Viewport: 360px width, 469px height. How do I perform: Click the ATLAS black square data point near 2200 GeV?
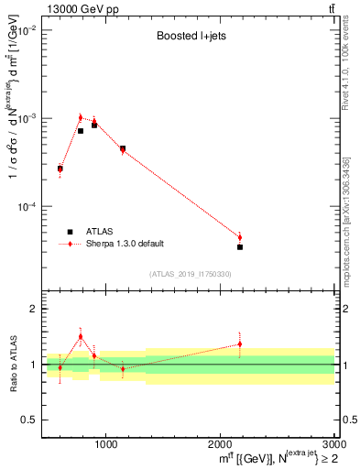tap(240, 246)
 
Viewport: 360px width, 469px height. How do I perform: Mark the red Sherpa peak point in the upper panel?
tap(81, 117)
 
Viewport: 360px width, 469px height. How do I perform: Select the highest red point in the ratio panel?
tap(81, 336)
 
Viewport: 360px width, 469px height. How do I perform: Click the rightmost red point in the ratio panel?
tap(240, 344)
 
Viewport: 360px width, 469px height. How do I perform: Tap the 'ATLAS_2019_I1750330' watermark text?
tap(190, 274)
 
